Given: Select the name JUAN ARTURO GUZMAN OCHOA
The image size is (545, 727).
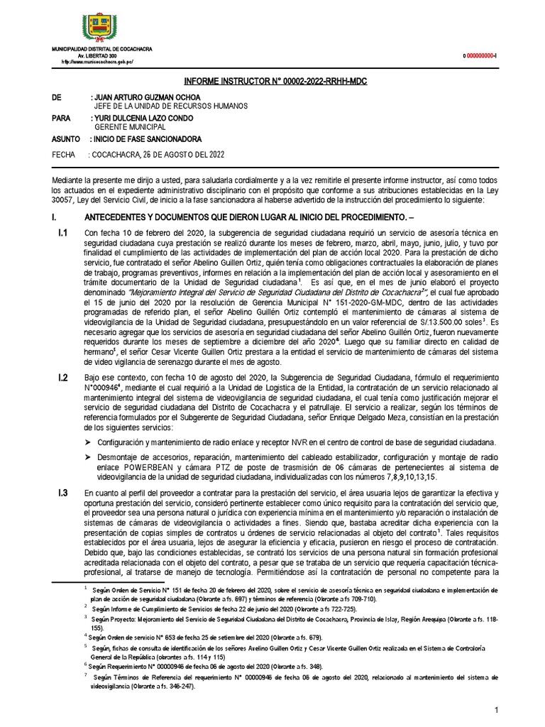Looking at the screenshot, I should (x=148, y=97).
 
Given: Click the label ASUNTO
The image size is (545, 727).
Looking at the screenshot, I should (x=67, y=138).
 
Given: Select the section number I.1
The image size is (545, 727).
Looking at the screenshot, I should (x=62, y=233).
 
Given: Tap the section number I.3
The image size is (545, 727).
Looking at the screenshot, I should (x=62, y=493).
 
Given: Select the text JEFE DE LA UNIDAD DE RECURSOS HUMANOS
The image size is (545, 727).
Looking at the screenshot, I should (x=169, y=106).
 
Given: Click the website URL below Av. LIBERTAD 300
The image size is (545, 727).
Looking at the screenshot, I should (x=98, y=62).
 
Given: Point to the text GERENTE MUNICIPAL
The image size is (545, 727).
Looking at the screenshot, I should (x=129, y=126).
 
